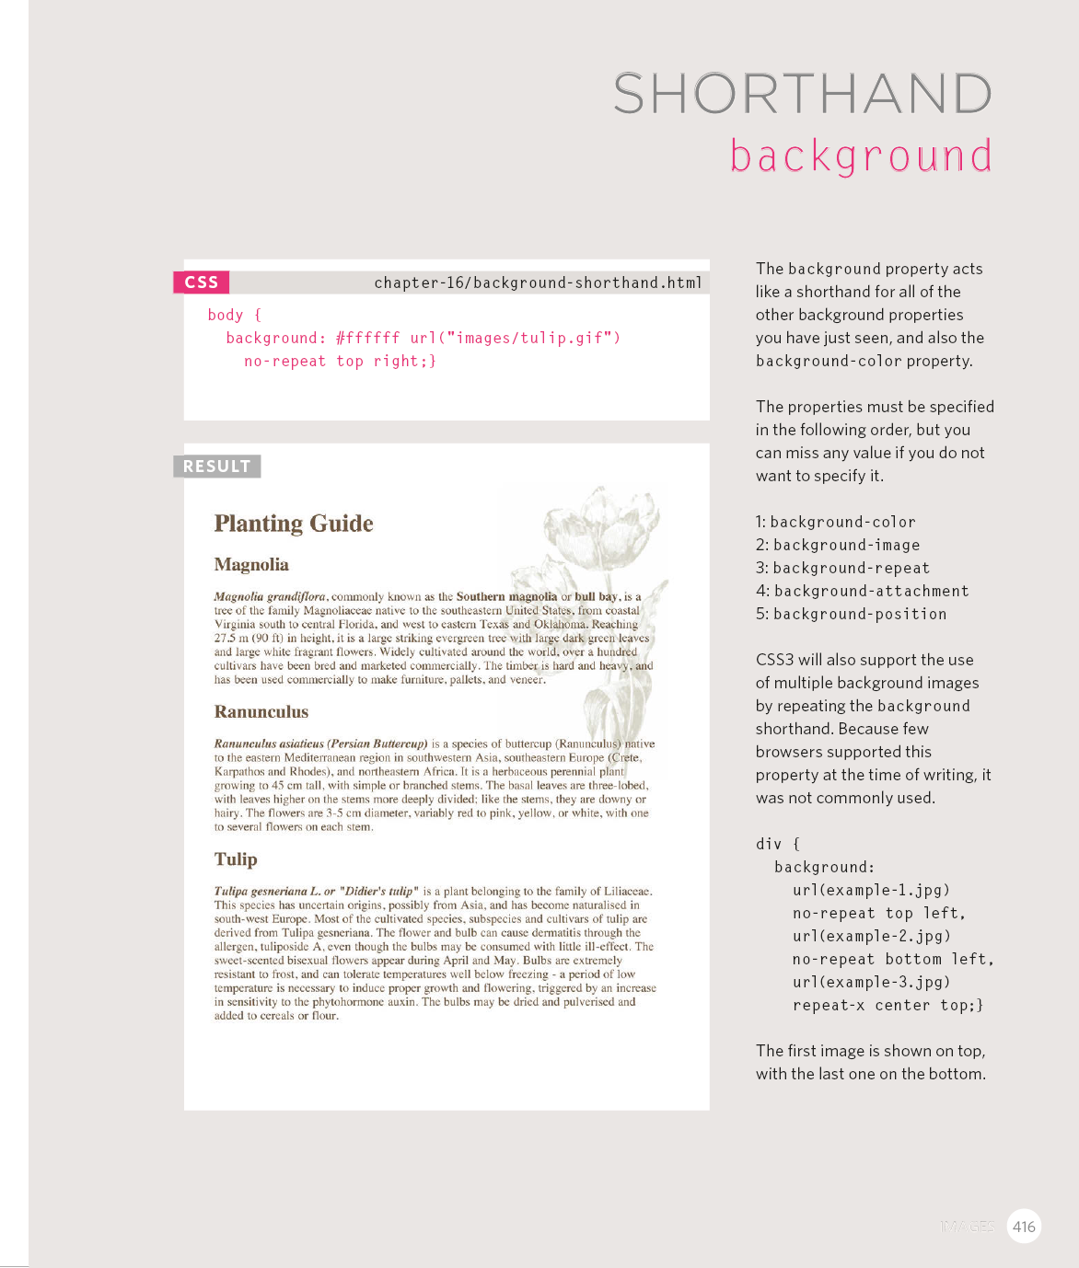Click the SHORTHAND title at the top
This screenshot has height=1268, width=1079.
click(802, 94)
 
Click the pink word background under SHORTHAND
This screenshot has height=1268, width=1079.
click(861, 156)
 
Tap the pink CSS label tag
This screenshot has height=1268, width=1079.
click(202, 282)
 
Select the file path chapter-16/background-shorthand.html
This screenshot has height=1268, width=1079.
click(538, 282)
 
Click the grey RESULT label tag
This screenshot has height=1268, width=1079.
click(216, 467)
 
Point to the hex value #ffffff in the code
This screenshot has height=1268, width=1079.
click(367, 338)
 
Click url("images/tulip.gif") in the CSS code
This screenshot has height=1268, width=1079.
click(515, 338)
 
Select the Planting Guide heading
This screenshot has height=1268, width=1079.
click(294, 524)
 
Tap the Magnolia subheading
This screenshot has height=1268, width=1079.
click(251, 565)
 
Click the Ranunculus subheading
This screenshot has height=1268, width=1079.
click(261, 712)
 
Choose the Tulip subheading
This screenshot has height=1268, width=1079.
click(236, 859)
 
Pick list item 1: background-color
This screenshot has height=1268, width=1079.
click(836, 522)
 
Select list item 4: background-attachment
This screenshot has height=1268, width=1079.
click(862, 591)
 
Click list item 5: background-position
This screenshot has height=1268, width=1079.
click(851, 614)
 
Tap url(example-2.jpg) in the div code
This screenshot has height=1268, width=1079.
click(871, 936)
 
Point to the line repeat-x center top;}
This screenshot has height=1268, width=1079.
click(888, 1005)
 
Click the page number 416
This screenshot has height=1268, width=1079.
click(1024, 1227)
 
